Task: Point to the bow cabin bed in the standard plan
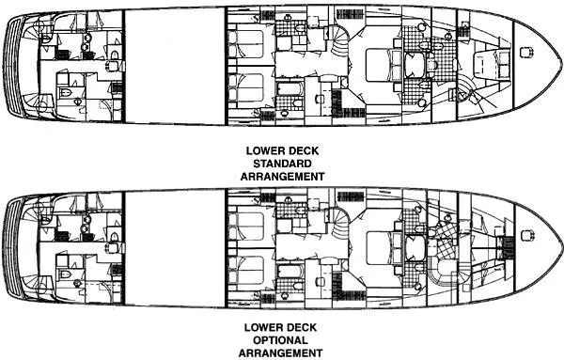(x=486, y=65)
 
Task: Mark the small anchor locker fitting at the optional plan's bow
(x=509, y=243)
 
